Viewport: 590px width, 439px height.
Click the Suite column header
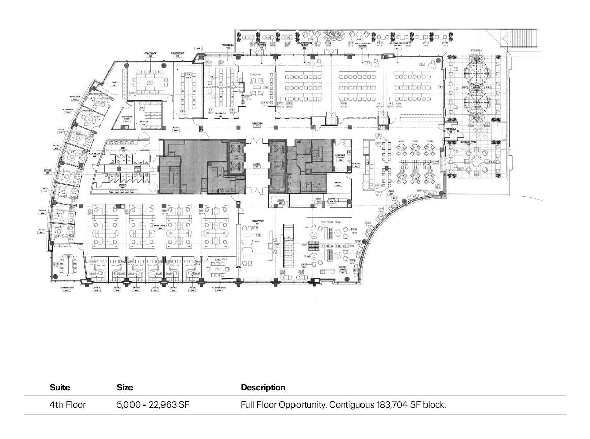(60, 387)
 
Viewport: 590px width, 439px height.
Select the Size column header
(125, 387)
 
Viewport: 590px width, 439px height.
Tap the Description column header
(263, 387)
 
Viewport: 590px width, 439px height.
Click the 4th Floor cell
(68, 405)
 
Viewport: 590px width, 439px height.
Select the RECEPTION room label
(259, 222)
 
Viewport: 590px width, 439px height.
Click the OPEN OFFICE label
(161, 227)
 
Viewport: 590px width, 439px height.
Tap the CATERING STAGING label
(340, 157)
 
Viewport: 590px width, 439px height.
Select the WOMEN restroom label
(123, 186)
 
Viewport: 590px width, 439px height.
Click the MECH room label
(338, 184)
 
